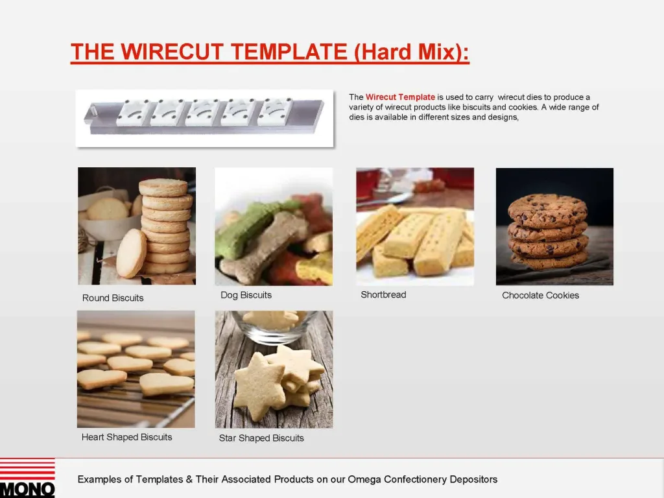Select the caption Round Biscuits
pos(113,298)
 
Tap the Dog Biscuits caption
pos(246,295)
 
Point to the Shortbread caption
pos(383,295)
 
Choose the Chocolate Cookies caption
pos(540,296)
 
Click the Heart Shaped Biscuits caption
pos(127,438)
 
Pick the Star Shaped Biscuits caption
pos(261,438)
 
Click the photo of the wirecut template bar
pos(204,117)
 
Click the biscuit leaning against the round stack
pos(131,253)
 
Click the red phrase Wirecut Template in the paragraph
pos(400,97)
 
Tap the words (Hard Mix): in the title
pos(412,52)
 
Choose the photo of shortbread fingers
pos(415,227)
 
